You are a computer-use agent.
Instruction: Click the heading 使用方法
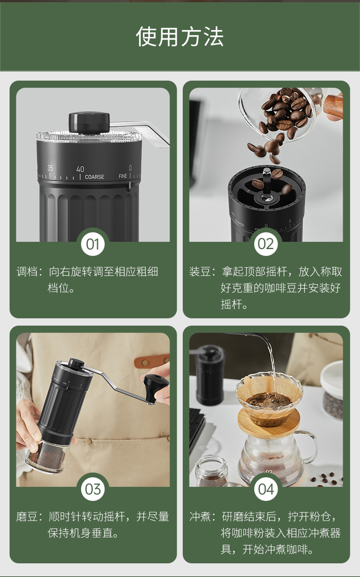click(180, 36)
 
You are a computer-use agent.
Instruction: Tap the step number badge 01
click(93, 244)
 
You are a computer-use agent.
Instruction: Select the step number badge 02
click(266, 244)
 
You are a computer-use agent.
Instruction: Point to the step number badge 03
click(93, 489)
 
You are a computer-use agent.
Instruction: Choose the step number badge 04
click(266, 489)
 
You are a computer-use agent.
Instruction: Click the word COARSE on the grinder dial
click(95, 177)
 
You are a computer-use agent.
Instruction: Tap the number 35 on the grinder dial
click(50, 168)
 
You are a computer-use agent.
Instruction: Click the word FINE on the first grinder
click(123, 176)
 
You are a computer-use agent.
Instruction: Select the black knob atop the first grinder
click(89, 123)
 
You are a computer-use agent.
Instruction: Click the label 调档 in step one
click(27, 272)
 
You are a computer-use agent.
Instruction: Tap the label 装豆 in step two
click(200, 272)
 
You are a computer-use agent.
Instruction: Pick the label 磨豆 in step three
click(27, 517)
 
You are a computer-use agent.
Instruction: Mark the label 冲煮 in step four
click(200, 517)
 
